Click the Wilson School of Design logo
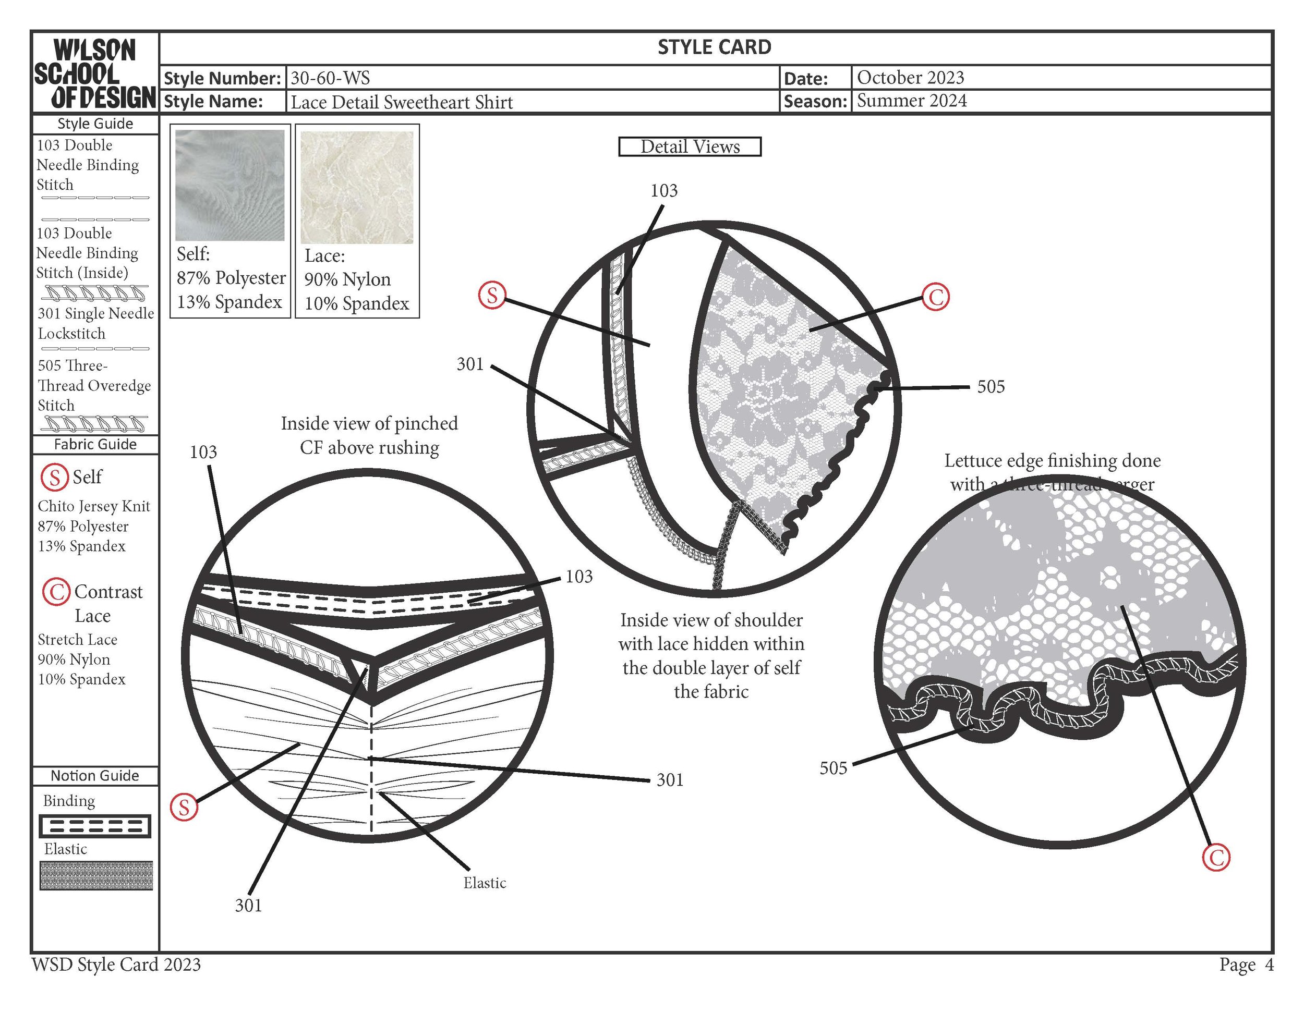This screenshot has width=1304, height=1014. pos(94,74)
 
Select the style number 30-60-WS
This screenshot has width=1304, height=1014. pos(330,78)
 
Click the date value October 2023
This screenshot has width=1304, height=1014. pos(910,78)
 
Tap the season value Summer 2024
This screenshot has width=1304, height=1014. pos(911,101)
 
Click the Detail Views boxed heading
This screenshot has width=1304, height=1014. pos(690,147)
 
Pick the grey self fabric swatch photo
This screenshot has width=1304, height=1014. pos(230,185)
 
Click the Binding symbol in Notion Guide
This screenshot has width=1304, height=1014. pos(95,826)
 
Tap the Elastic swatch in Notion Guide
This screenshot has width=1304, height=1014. pos(96,875)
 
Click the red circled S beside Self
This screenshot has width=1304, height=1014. pos(54,478)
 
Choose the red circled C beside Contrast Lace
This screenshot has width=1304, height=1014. pos(57,592)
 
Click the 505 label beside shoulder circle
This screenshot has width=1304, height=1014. pos(991,387)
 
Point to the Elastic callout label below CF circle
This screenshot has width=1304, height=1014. pos(484,883)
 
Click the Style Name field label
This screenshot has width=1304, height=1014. pos(213,102)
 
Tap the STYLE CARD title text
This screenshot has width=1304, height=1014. pos(714,47)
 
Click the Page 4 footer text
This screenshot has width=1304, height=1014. pos(1246,964)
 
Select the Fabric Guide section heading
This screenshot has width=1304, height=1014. pos(95,445)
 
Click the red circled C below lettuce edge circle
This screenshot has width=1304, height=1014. pos(1216,858)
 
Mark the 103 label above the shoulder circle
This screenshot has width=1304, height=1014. pos(663,191)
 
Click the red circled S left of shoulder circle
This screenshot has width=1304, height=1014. pos(492,296)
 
